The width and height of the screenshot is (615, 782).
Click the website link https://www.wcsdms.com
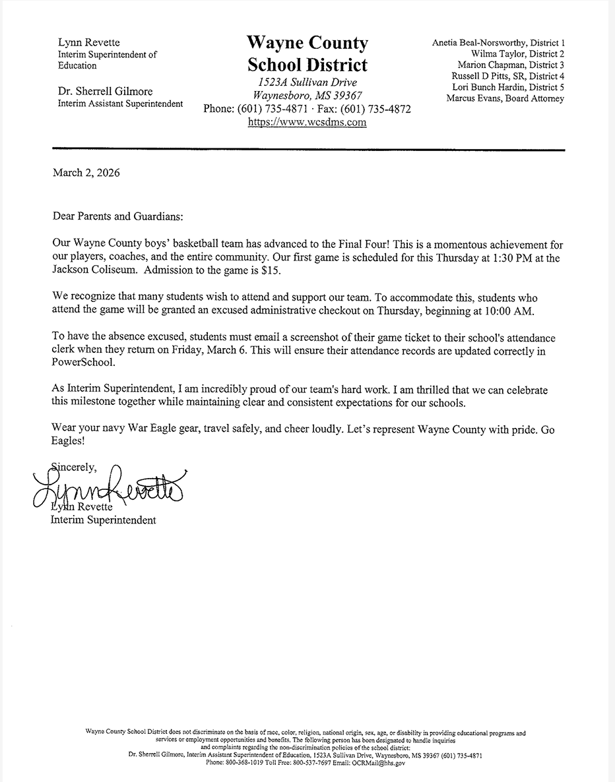[x=307, y=122]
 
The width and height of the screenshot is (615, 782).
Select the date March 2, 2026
[x=86, y=173]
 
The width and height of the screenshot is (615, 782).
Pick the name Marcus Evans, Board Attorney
[x=505, y=99]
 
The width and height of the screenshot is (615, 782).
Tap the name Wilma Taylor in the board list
[x=496, y=54]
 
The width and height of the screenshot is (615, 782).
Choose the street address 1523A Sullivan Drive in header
[x=307, y=82]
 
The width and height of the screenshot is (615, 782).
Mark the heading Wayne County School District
[x=307, y=54]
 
